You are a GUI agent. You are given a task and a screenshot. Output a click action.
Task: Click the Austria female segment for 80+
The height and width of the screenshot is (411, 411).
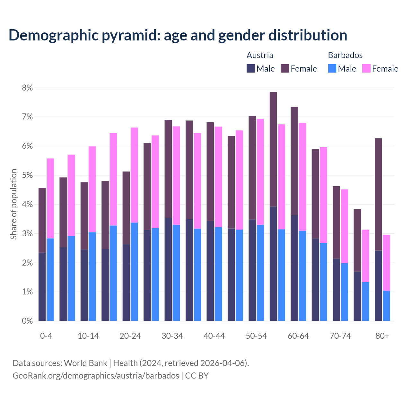(378, 194)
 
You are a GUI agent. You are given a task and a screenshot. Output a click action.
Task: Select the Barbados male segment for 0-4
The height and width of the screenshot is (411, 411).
(50, 279)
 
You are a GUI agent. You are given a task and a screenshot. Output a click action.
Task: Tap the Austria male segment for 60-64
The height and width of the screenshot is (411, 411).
(294, 268)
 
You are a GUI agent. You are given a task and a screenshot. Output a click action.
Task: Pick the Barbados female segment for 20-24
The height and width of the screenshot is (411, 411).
(134, 175)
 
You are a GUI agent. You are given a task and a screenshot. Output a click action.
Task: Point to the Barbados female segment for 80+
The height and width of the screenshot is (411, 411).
(386, 263)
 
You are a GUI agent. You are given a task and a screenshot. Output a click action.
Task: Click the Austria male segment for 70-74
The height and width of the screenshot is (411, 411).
(336, 290)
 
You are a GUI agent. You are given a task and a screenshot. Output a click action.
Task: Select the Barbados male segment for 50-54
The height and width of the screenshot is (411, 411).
(260, 273)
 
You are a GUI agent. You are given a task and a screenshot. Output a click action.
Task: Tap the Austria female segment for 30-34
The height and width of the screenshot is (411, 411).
(168, 169)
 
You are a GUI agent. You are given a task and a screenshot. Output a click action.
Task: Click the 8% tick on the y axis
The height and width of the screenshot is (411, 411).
(27, 88)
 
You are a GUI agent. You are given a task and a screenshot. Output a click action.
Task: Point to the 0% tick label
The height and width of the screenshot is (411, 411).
(27, 321)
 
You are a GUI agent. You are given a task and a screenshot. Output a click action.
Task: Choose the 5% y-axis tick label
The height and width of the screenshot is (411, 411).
(27, 175)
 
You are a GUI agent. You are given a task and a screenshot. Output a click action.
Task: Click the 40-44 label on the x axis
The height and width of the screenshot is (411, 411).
(214, 336)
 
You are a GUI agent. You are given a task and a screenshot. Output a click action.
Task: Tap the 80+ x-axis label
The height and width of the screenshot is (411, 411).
(382, 336)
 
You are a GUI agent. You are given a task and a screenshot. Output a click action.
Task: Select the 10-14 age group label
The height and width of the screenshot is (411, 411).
(88, 336)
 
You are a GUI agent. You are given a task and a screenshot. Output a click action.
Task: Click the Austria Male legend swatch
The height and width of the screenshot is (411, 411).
(251, 68)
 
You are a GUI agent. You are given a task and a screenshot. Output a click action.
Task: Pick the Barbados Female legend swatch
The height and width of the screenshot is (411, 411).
(366, 68)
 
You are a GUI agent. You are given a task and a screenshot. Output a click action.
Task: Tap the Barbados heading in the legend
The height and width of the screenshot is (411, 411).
(345, 55)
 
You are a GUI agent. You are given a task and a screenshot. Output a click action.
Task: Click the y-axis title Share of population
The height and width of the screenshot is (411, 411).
(14, 204)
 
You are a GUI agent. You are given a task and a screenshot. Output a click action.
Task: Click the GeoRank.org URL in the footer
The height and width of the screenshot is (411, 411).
(96, 375)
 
